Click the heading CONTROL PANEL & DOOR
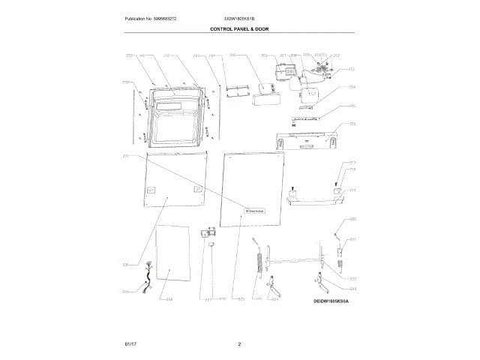(239, 28)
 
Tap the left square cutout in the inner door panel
(152, 190)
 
